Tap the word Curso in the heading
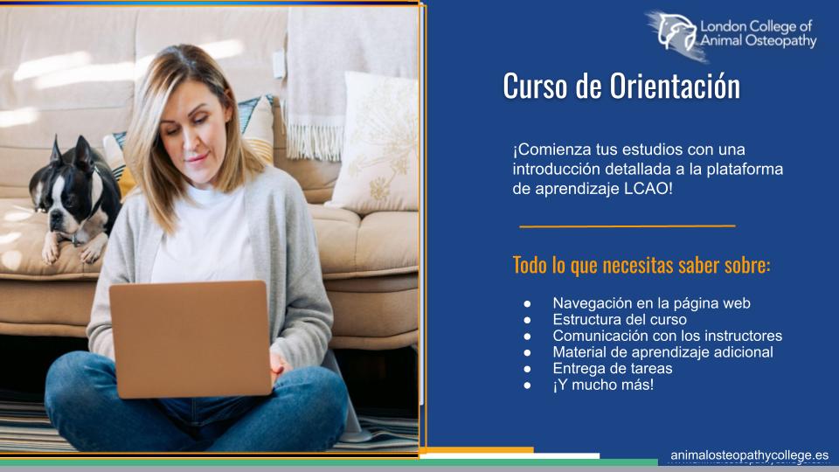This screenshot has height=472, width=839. (536, 86)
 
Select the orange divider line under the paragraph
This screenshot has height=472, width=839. (628, 226)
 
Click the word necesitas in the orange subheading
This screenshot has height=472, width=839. (638, 265)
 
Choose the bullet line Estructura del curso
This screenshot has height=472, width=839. (620, 320)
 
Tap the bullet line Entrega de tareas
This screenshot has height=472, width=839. (613, 368)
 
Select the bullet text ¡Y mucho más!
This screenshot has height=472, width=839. (603, 385)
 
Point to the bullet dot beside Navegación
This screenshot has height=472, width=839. (528, 304)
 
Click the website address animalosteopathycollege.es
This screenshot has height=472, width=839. (750, 455)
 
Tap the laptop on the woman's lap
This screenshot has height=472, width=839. (191, 339)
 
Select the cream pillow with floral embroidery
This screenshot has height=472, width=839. (376, 143)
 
